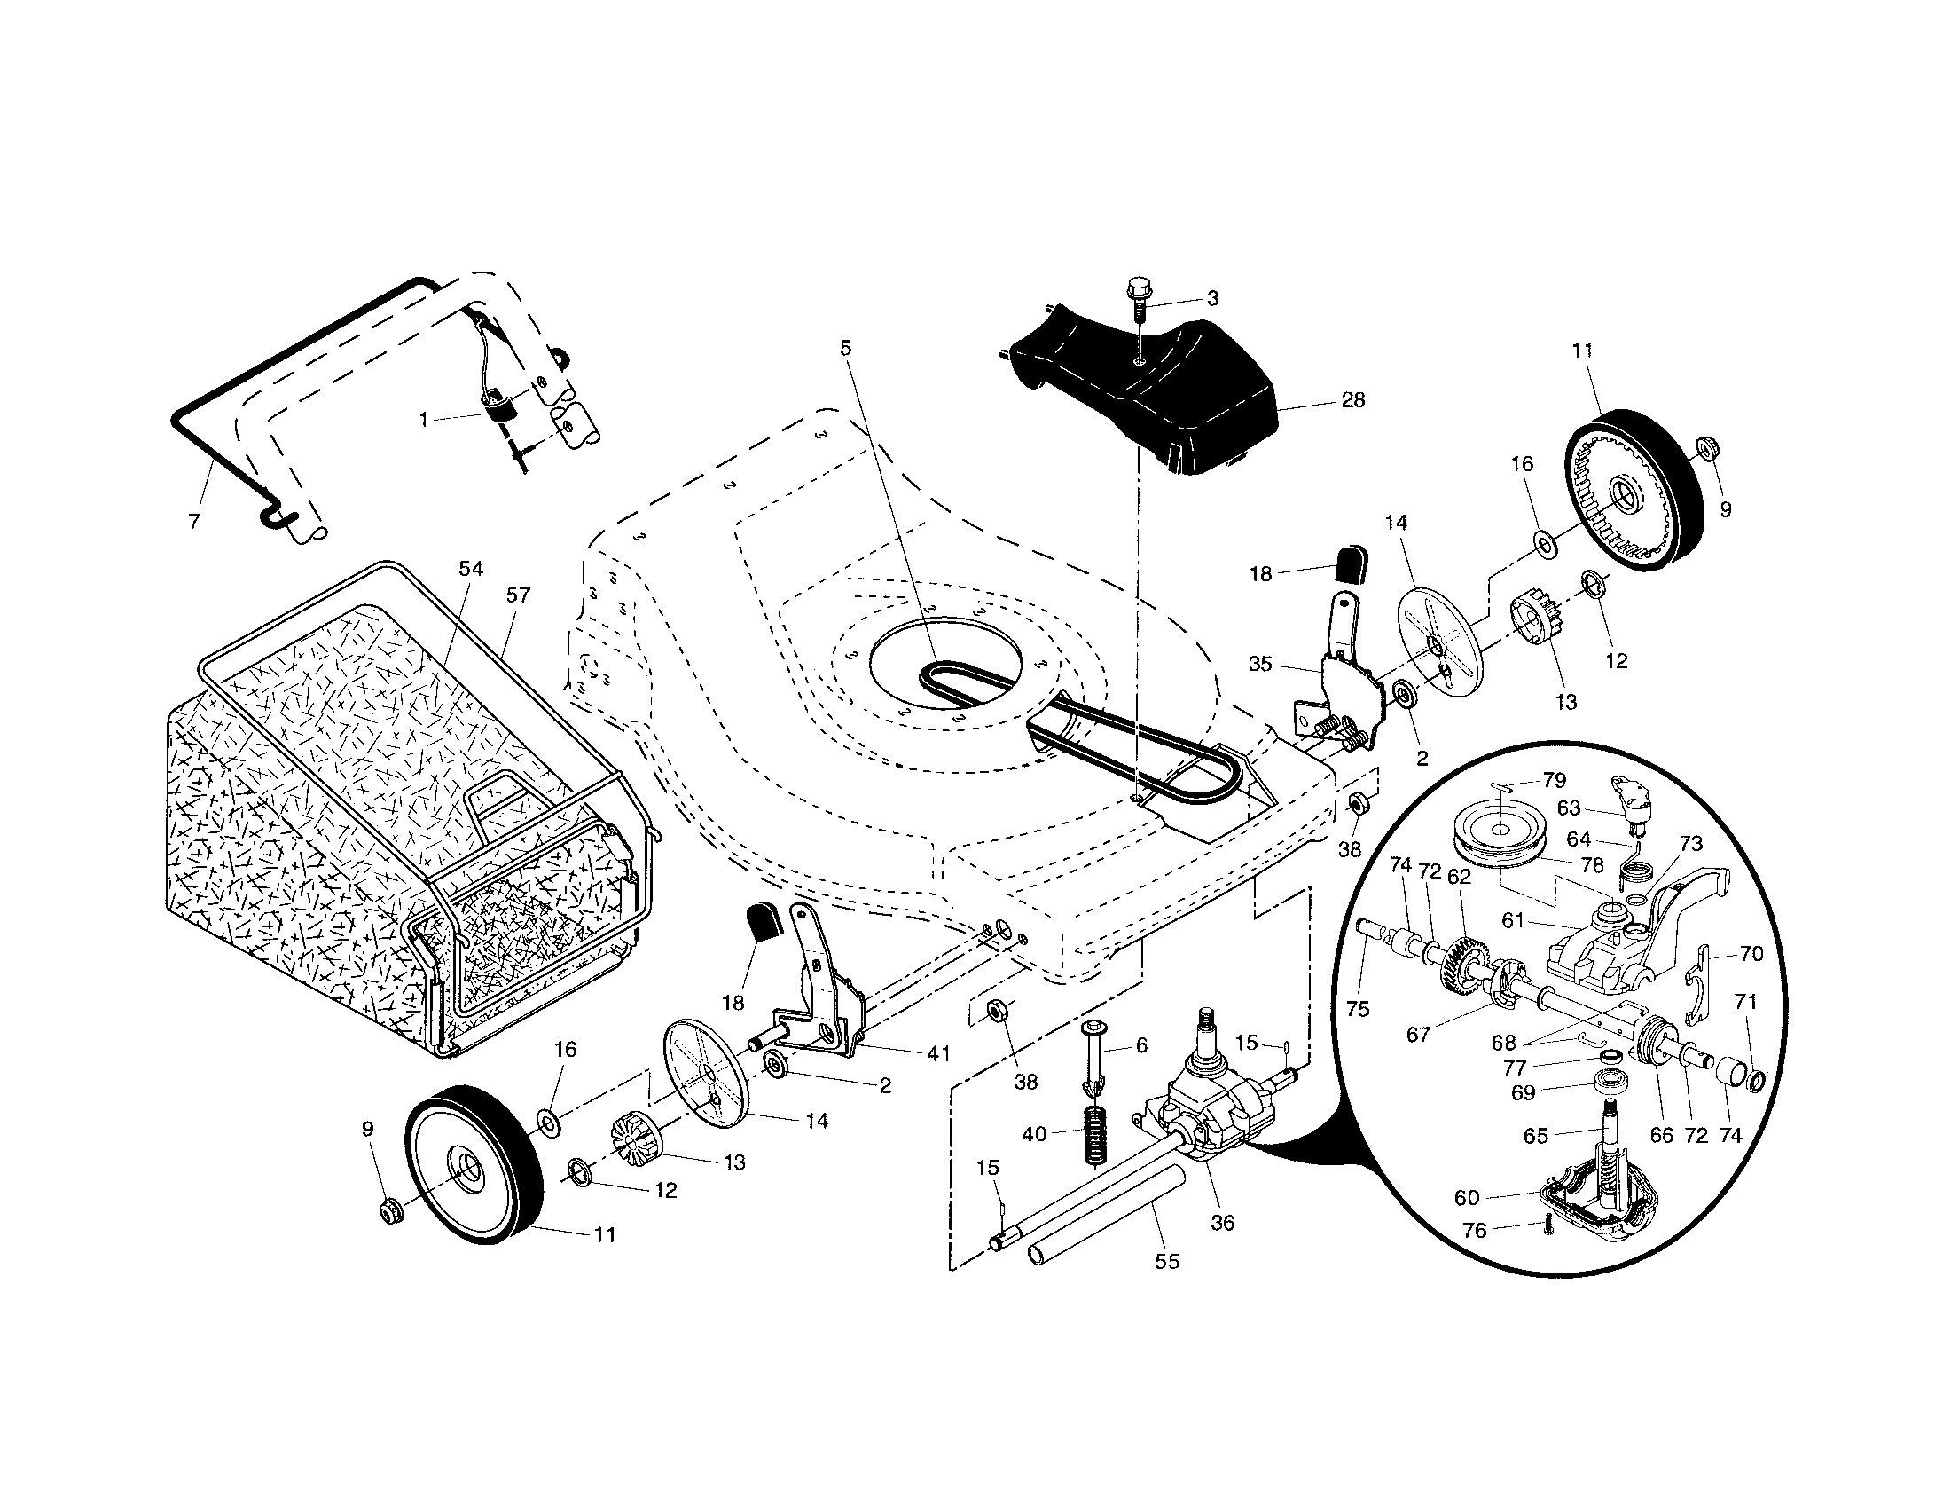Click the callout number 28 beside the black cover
click(1353, 400)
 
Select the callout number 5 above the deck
click(846, 347)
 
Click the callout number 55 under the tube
click(1167, 1261)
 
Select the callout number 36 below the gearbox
click(1222, 1222)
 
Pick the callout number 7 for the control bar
click(195, 521)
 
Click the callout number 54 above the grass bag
click(471, 569)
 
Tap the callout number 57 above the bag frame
click(518, 595)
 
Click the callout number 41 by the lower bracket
click(938, 1054)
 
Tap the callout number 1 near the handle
click(424, 418)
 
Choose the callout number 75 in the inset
click(1358, 1009)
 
